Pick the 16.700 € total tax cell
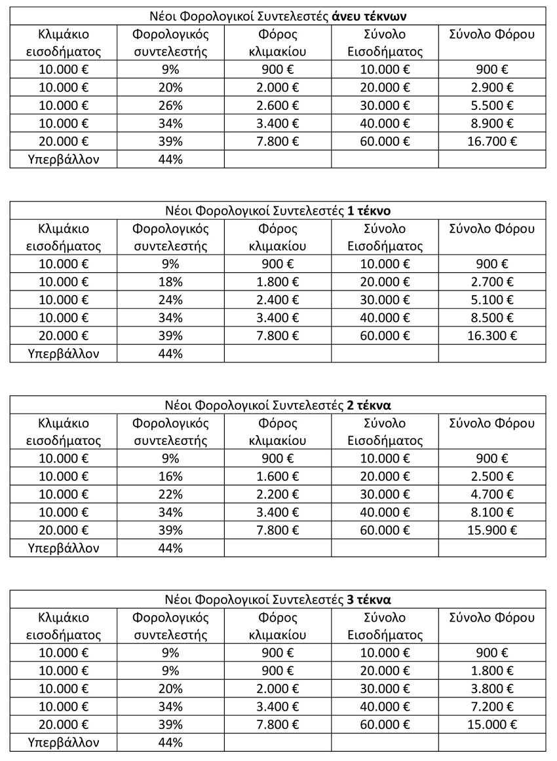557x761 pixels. tap(491, 141)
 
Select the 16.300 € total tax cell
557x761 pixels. tap(491, 335)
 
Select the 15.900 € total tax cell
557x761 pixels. tap(491, 529)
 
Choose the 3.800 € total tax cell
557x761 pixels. tap(491, 688)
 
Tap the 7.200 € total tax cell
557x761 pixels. tap(491, 706)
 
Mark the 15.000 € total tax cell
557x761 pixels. tap(491, 724)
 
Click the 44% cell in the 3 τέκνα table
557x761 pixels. tap(170, 742)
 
